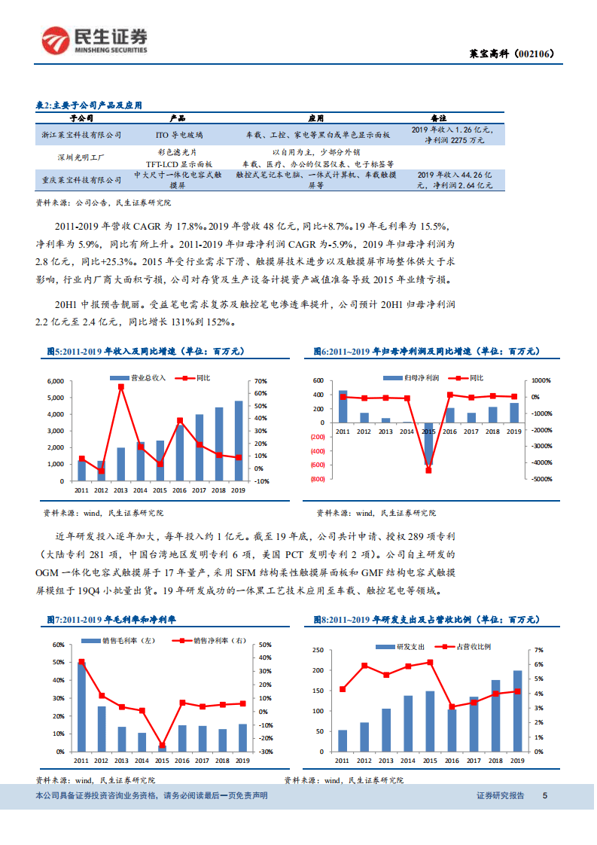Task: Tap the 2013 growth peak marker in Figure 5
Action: (x=120, y=387)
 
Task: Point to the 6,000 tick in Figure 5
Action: (x=56, y=381)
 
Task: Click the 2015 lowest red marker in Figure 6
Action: (x=428, y=470)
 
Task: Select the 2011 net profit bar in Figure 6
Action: (x=343, y=407)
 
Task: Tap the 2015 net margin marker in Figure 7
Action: (x=162, y=746)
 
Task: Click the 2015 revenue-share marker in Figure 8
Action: (x=430, y=662)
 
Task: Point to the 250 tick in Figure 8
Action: (x=318, y=650)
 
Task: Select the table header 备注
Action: (x=438, y=118)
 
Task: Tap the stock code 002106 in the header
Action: (x=533, y=53)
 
